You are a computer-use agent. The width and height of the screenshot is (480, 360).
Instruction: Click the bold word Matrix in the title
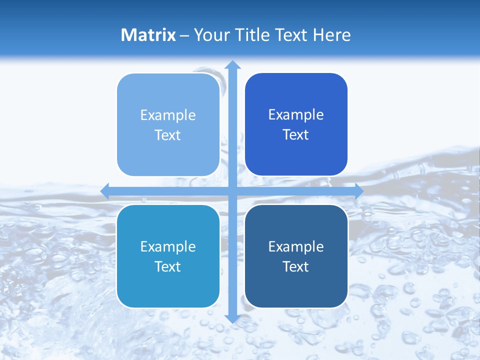click(148, 35)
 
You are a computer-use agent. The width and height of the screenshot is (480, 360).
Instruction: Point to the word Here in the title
click(332, 35)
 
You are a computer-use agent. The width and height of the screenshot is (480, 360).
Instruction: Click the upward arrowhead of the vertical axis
click(232, 64)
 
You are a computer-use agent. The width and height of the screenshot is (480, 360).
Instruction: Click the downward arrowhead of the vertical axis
click(232, 318)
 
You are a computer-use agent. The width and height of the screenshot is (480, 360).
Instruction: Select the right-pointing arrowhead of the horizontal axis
click(358, 191)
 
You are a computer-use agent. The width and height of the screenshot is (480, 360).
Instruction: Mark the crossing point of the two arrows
click(232, 191)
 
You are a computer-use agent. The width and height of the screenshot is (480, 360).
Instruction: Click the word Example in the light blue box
click(168, 115)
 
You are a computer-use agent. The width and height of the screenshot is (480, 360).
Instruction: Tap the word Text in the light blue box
click(168, 135)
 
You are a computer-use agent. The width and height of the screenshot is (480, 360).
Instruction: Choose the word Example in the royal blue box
click(296, 114)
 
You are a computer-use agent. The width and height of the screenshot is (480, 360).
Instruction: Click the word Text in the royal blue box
click(296, 134)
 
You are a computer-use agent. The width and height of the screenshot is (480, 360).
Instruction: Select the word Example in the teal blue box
click(168, 246)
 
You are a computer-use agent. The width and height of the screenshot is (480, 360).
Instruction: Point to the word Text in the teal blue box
click(168, 266)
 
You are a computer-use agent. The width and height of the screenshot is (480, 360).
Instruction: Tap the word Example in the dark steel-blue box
click(296, 246)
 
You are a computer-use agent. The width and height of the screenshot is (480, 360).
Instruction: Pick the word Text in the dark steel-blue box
click(296, 266)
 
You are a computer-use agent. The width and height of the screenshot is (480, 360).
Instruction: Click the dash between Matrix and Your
click(184, 35)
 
